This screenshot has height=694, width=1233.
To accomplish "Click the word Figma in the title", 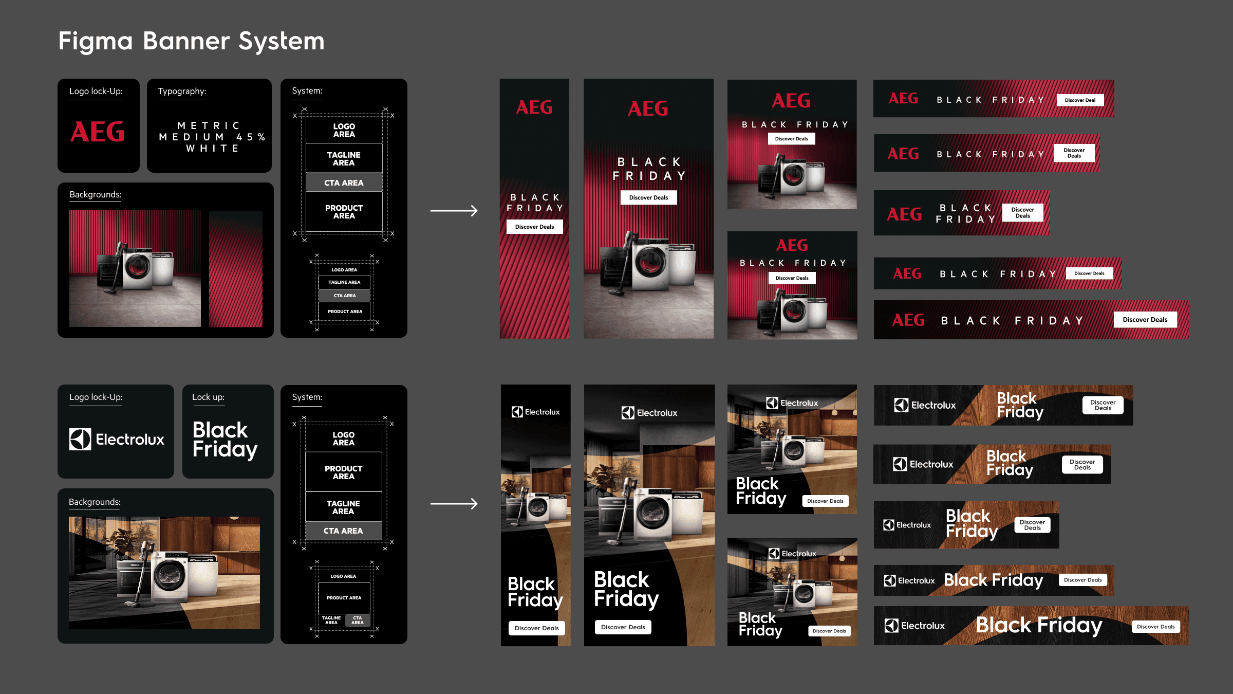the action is pyautogui.click(x=96, y=42).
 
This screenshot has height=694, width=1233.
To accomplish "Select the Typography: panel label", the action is pyautogui.click(x=182, y=91).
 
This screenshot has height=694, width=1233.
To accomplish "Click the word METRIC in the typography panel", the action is pyautogui.click(x=209, y=125).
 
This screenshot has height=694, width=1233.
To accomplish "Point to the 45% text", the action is pyautogui.click(x=251, y=137).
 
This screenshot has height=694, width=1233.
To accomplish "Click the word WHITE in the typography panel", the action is pyautogui.click(x=213, y=148).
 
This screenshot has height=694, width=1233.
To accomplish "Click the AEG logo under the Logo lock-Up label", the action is pyautogui.click(x=98, y=132).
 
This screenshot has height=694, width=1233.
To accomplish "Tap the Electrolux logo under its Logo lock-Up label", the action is pyautogui.click(x=117, y=439).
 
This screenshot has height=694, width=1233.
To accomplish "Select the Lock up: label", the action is pyautogui.click(x=208, y=397).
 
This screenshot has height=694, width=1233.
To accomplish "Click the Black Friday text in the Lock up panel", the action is pyautogui.click(x=225, y=440).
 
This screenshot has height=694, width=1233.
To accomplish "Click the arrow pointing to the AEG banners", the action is pyautogui.click(x=454, y=211).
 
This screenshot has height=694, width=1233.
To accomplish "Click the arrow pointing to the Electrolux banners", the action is pyautogui.click(x=454, y=504).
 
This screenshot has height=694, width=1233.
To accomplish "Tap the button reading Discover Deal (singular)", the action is pyautogui.click(x=1080, y=100).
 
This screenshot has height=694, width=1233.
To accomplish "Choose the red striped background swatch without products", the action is pyautogui.click(x=236, y=268).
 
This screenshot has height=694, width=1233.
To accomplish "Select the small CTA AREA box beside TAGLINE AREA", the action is pyautogui.click(x=358, y=620).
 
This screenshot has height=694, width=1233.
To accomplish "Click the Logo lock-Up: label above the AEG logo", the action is pyautogui.click(x=96, y=91).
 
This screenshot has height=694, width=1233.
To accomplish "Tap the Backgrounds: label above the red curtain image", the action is pyautogui.click(x=96, y=194).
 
